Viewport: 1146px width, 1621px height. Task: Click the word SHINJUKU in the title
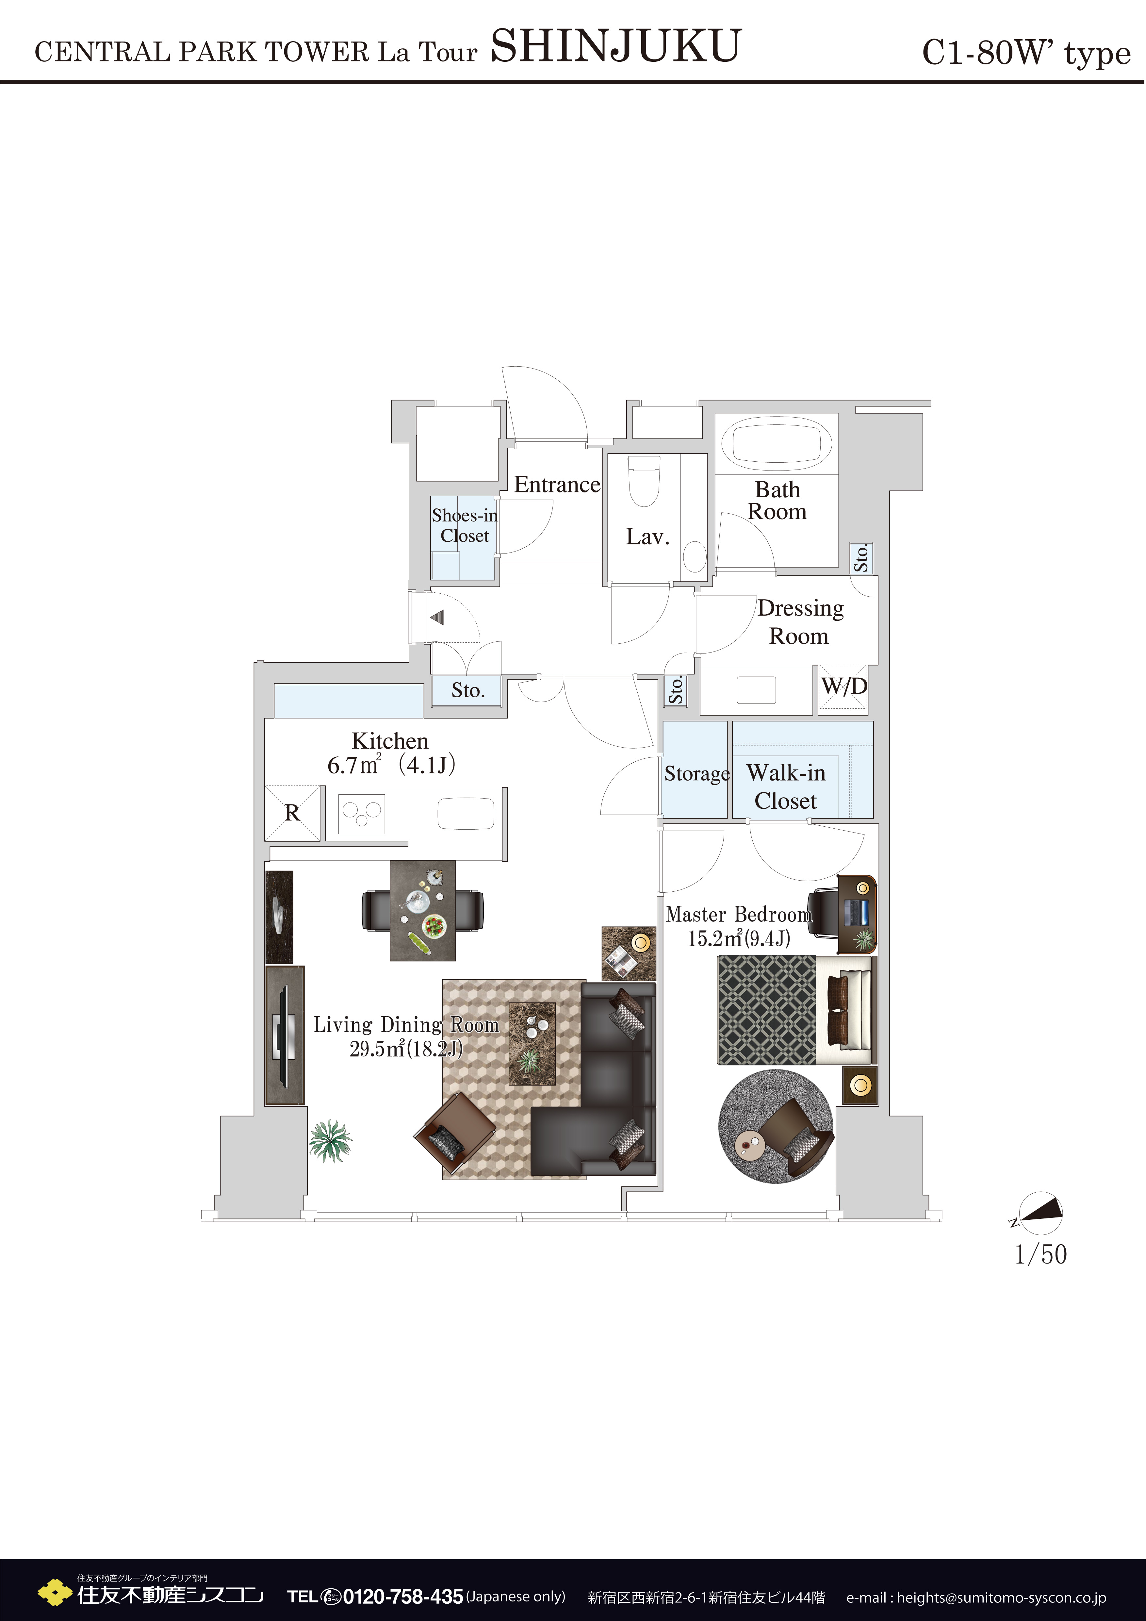point(615,47)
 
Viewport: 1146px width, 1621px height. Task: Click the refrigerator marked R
point(292,813)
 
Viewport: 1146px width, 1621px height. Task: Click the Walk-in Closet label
point(785,786)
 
